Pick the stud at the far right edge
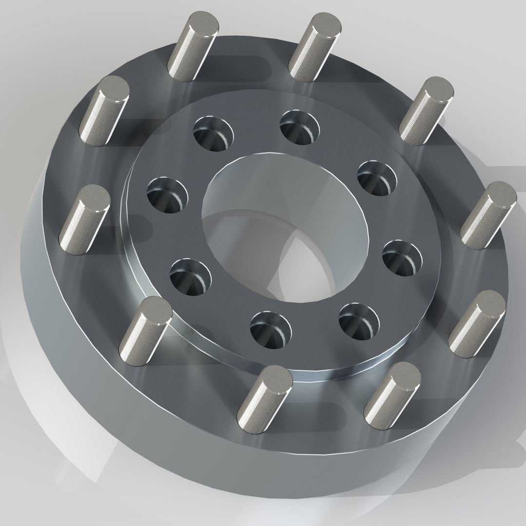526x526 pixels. pos(488,214)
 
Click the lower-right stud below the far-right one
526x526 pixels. pos(477,324)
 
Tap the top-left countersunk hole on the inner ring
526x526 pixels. pos(213,132)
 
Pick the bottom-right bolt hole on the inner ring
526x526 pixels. pos(358,321)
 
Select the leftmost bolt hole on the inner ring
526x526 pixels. pos(168,194)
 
